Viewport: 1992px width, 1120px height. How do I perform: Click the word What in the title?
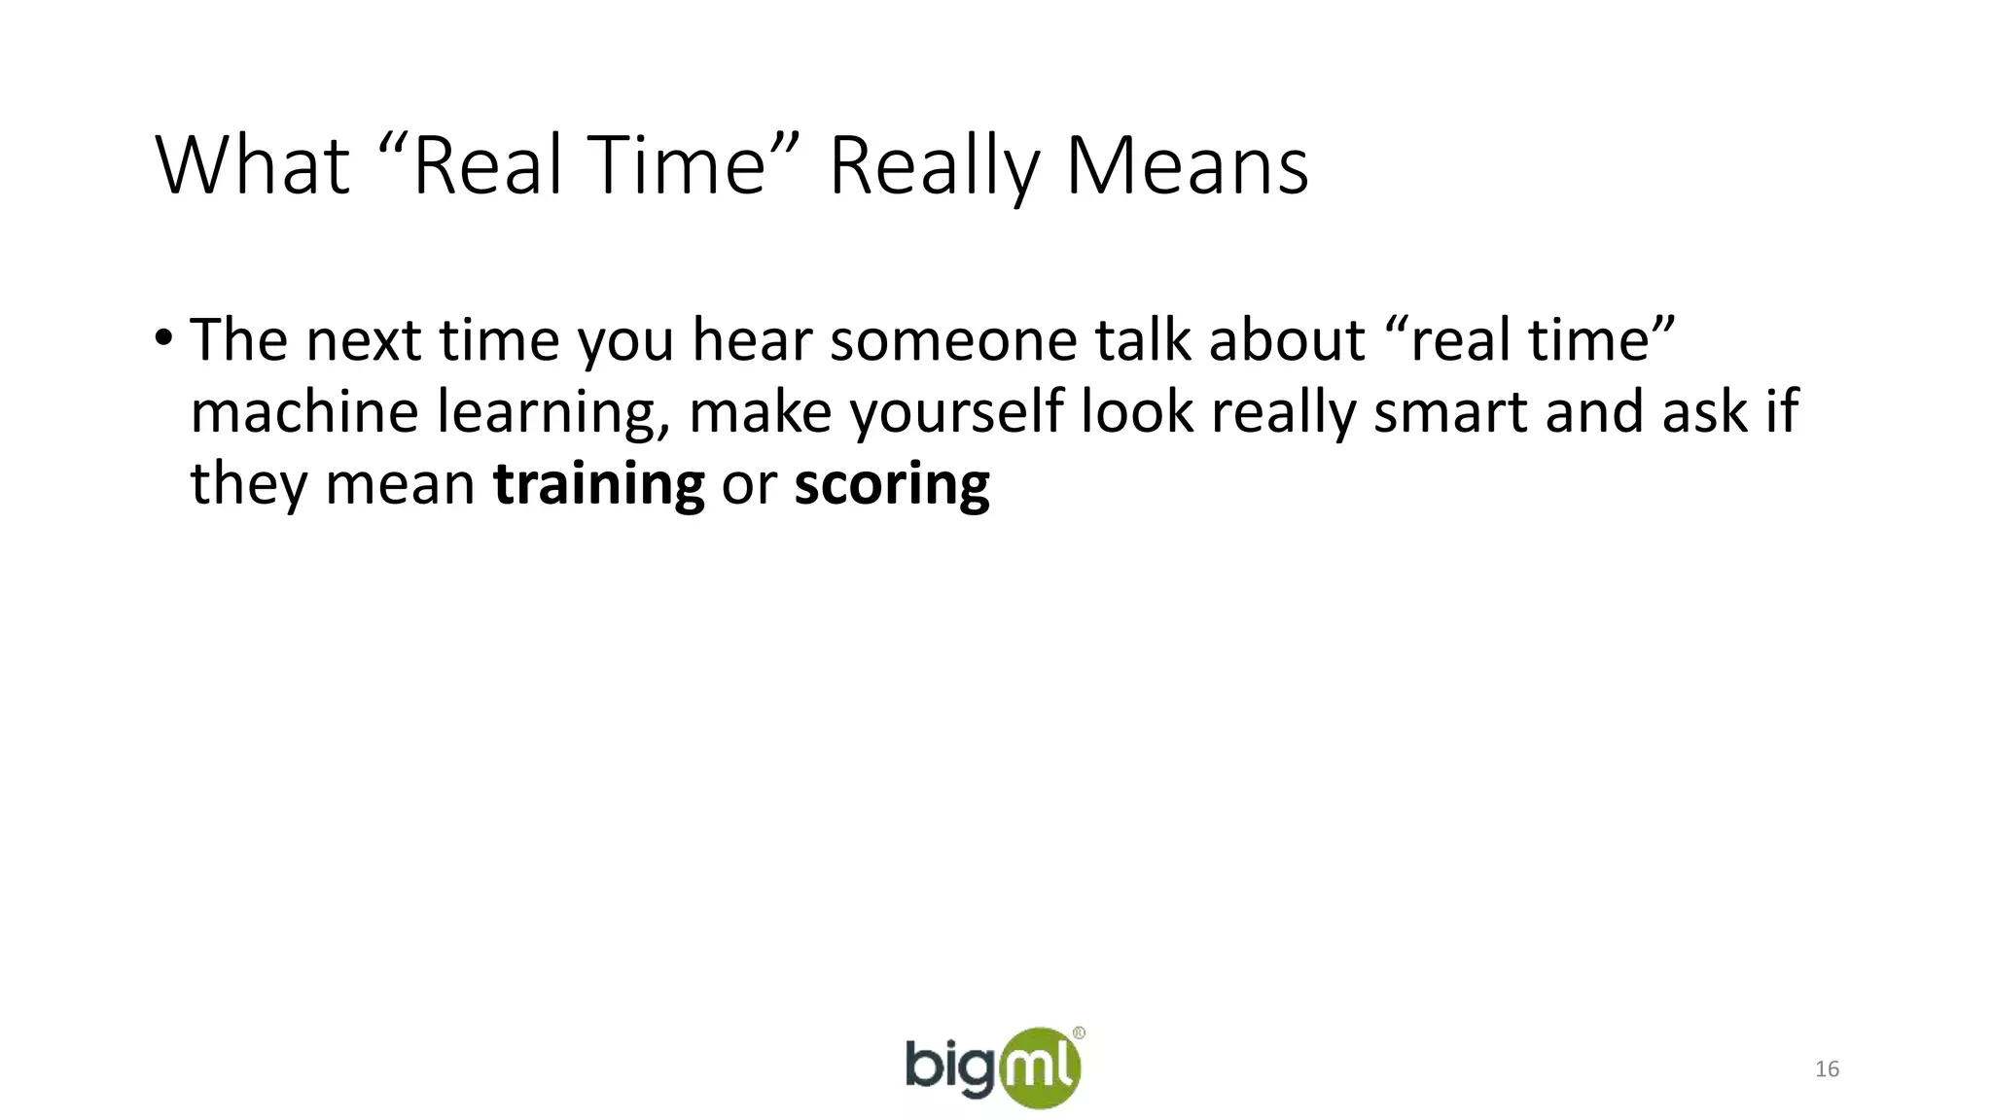[252, 166]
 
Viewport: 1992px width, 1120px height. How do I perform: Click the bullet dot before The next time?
[163, 339]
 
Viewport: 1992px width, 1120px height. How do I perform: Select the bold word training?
[598, 483]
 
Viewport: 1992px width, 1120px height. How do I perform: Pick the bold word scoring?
[892, 483]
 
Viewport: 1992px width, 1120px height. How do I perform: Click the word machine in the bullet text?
[304, 411]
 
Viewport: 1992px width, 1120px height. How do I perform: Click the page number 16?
[1827, 1069]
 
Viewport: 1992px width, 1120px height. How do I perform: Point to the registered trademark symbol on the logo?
[1079, 1033]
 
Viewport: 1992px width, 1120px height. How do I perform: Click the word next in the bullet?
[364, 340]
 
